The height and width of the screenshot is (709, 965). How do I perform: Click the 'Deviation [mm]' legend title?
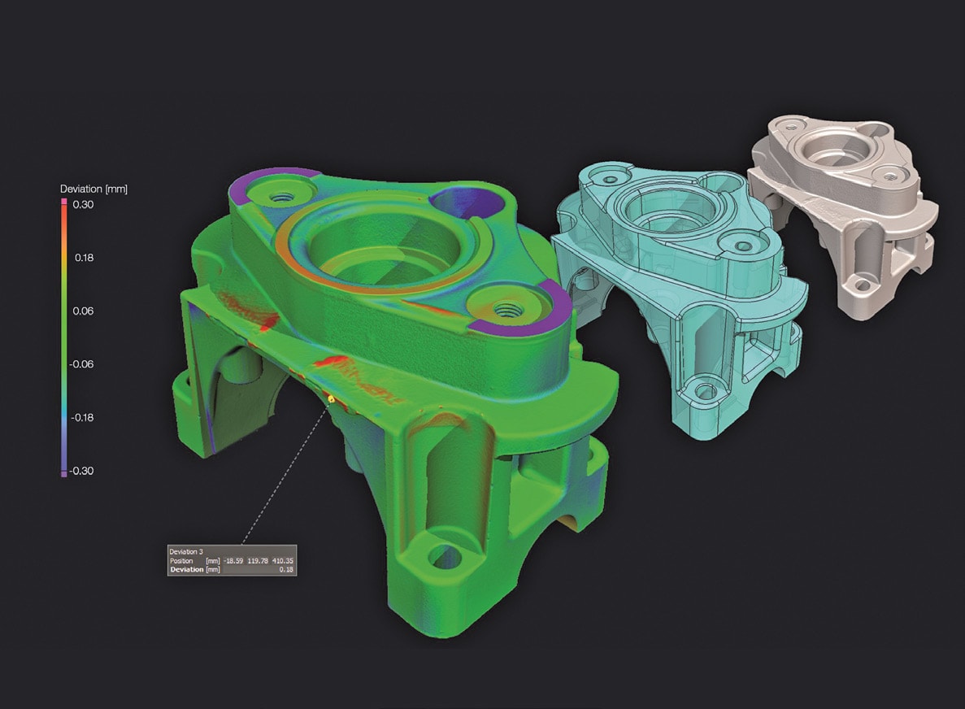(93, 189)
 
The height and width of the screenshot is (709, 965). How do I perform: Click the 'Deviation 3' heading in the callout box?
(186, 551)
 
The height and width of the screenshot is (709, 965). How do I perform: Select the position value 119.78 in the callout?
(258, 561)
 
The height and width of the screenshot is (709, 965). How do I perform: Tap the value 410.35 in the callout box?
(282, 561)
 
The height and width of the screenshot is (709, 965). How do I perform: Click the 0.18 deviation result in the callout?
(286, 570)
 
